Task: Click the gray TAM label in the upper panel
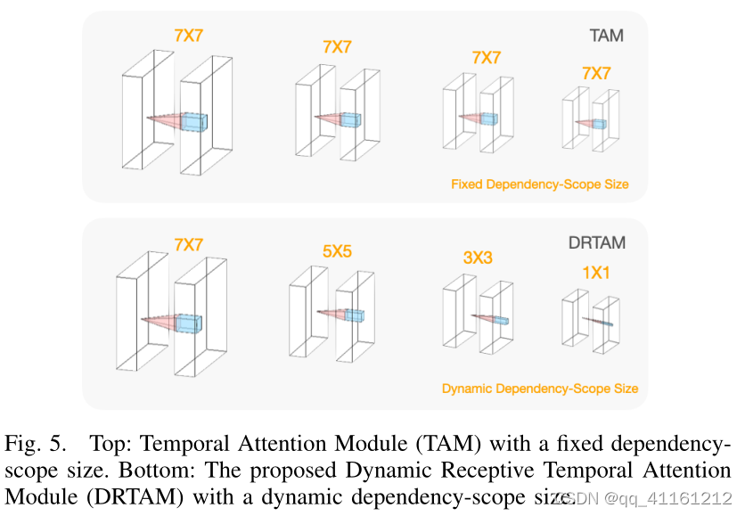pyautogui.click(x=606, y=37)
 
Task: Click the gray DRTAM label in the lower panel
pyautogui.click(x=596, y=242)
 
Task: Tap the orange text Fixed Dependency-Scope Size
pyautogui.click(x=540, y=184)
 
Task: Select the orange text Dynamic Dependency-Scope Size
pyautogui.click(x=540, y=389)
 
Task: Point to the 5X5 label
pyautogui.click(x=337, y=252)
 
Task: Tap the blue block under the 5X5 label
pyautogui.click(x=355, y=315)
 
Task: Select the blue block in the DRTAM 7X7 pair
pyautogui.click(x=190, y=323)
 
